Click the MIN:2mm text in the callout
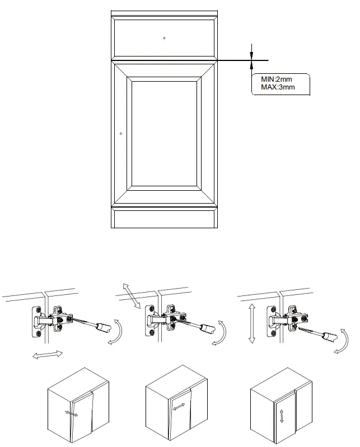[x=277, y=79]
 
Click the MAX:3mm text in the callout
[x=278, y=87]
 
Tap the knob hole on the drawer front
[x=164, y=38]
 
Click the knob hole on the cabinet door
[x=121, y=134]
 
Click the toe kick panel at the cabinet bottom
[x=164, y=218]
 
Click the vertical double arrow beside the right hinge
[x=252, y=323]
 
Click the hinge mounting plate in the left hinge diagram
[x=38, y=321]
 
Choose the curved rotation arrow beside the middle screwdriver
[x=222, y=334]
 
